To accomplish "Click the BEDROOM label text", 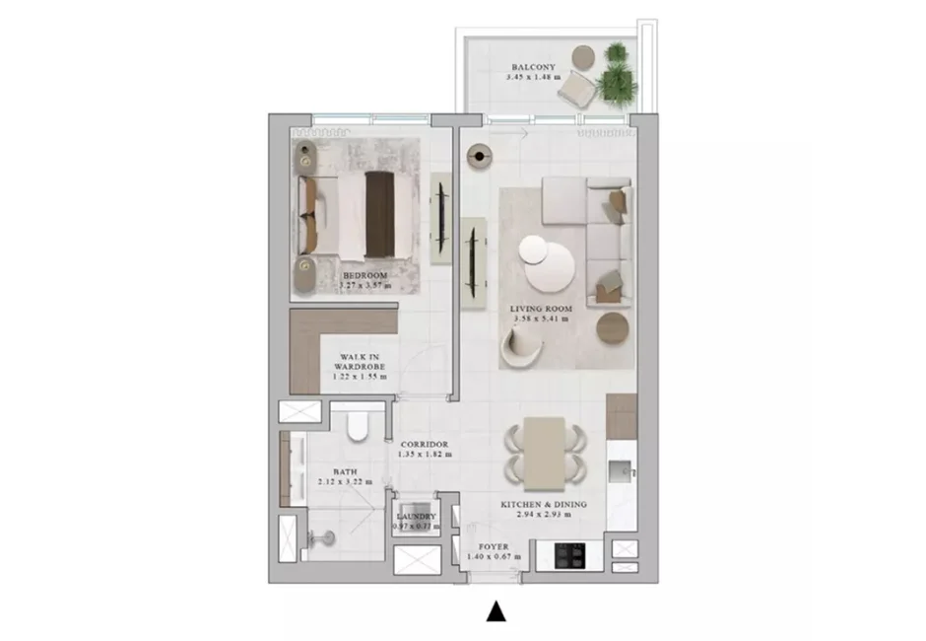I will tap(364, 275).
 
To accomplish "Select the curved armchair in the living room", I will tap(522, 344).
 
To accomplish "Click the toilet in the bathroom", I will tap(358, 425).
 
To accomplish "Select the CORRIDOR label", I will tap(425, 445).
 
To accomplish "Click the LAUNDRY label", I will tap(416, 516).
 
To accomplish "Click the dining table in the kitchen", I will tap(544, 453).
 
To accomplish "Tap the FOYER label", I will tap(493, 545).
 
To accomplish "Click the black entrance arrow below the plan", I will tap(497, 612).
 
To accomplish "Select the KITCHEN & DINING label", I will tap(544, 504).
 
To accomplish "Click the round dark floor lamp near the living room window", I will tap(480, 157).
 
